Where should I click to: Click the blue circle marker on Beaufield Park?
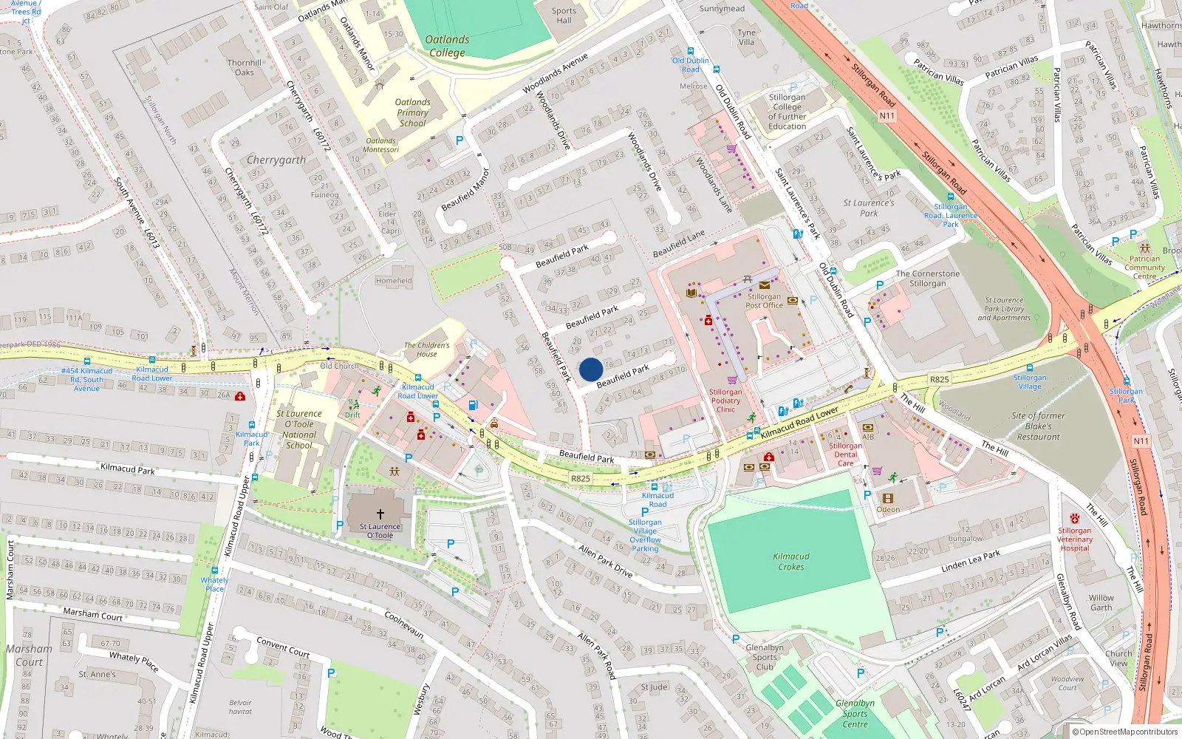591,369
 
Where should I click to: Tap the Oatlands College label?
447,46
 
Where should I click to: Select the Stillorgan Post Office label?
764,301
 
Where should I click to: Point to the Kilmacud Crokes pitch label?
791,562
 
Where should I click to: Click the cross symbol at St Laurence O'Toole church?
380,514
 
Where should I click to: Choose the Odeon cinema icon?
888,499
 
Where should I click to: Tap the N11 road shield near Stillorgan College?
886,115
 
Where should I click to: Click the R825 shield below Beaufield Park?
581,478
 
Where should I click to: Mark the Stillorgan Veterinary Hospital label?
1075,539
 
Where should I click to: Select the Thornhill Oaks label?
245,67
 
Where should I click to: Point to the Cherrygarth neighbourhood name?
276,160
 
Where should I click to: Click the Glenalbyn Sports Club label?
765,657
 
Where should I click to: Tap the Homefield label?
394,281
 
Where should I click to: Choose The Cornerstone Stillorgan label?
928,279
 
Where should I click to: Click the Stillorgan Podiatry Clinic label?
725,401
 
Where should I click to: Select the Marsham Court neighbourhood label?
29,655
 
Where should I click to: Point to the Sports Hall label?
564,16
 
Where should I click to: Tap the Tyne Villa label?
747,37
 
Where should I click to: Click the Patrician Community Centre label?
1144,268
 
